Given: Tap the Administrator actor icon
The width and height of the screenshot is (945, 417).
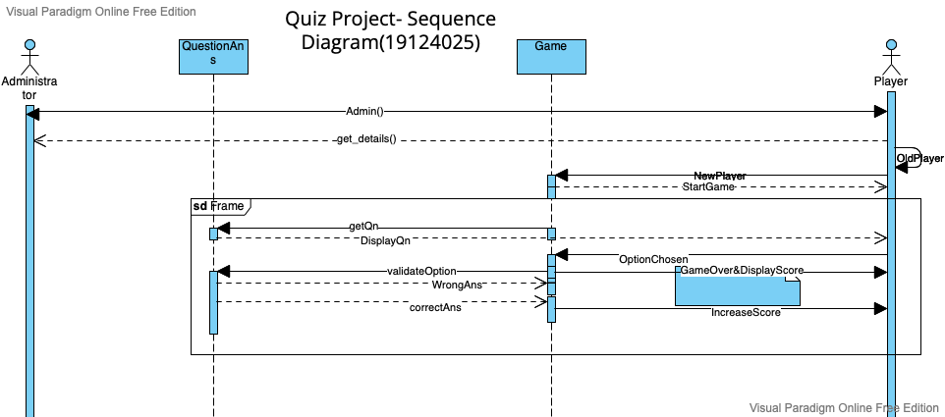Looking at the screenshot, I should pos(29,54).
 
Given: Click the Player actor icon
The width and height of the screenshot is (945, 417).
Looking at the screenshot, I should pos(891,54).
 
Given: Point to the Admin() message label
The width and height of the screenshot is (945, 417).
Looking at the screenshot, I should pos(364,111).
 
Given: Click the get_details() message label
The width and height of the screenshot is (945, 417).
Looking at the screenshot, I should pos(365,139).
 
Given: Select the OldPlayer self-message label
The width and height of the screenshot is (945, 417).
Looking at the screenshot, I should pos(919,157).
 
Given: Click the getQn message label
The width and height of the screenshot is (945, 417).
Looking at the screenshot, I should pos(363,227).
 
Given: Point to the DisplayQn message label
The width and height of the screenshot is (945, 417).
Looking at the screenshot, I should pos(385,239).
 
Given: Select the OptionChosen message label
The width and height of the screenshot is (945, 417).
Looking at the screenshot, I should pos(653,259).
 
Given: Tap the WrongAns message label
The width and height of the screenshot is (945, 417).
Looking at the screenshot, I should pos(458,285).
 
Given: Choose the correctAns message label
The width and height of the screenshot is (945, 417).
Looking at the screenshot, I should pos(435,306).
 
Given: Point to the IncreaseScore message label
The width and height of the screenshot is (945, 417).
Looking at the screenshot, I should pos(746,312).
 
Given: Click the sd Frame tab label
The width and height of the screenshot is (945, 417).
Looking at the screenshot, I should pos(218,206).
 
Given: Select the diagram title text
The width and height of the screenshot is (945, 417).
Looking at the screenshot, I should pos(390,30).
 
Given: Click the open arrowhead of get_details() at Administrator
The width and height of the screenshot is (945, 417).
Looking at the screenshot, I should pos(39,140).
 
